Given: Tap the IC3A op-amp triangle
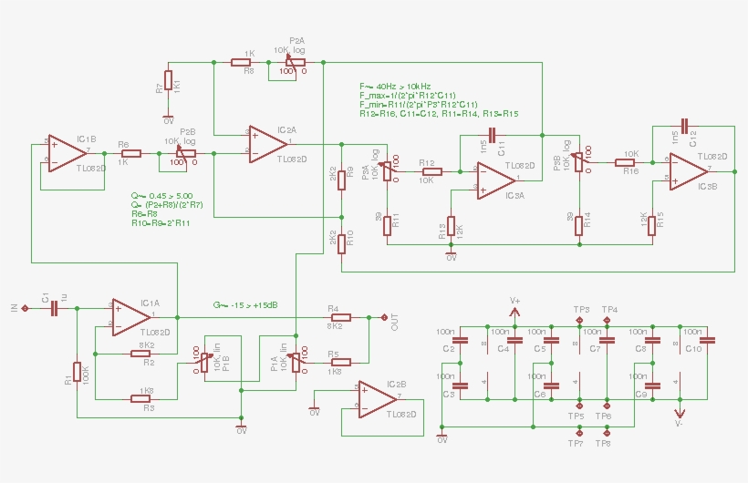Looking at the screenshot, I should [x=493, y=179].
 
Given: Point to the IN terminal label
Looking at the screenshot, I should [x=14, y=309].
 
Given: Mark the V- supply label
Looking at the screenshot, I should [x=679, y=424].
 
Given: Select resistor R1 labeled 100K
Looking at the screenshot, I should [x=78, y=374].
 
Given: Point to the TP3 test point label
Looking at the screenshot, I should [x=581, y=310].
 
